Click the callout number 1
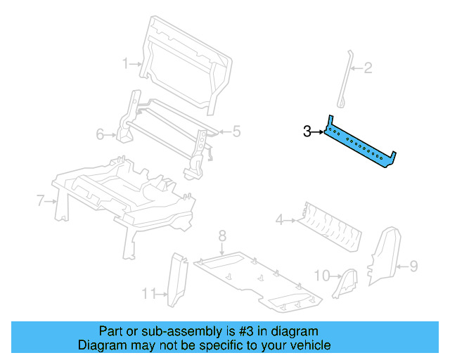(126, 64)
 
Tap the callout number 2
(367, 68)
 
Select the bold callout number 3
(307, 131)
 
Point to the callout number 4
(279, 221)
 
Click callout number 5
(236, 130)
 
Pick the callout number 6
(100, 134)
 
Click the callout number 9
(413, 266)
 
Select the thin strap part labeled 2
(344, 81)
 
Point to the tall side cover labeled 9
(384, 257)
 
